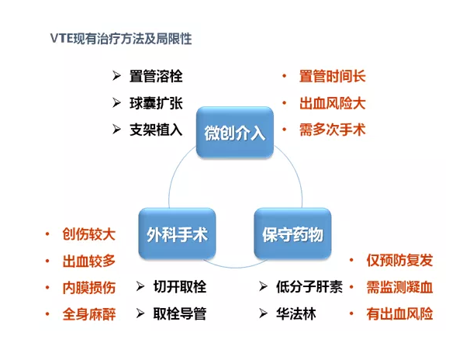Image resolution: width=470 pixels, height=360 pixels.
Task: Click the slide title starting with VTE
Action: [121, 38]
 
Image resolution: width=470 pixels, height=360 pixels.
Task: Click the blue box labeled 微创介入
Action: [235, 132]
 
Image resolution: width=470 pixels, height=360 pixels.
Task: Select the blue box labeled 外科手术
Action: [177, 234]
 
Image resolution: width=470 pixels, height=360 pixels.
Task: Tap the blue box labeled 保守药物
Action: [292, 234]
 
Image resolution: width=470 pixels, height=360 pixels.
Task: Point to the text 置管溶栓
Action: [156, 76]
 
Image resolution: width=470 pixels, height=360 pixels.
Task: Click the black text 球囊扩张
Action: [156, 103]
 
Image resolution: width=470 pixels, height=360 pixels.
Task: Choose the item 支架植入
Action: [156, 130]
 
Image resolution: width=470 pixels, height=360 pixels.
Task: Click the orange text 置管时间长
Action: [333, 76]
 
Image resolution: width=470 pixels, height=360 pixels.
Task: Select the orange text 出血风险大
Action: [333, 103]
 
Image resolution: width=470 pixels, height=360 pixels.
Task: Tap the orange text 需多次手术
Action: [333, 130]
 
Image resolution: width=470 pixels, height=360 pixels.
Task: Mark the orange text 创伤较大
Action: [88, 234]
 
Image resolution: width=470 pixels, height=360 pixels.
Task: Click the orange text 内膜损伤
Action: [88, 288]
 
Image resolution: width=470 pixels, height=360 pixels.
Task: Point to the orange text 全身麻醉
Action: [88, 314]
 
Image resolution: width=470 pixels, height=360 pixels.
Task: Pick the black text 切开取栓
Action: [180, 287]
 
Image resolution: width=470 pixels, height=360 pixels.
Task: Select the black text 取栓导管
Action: [180, 314]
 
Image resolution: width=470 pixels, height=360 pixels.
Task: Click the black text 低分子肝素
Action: [309, 287]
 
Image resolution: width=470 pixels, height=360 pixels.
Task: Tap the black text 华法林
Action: [295, 314]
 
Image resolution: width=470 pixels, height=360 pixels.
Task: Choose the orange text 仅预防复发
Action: [399, 260]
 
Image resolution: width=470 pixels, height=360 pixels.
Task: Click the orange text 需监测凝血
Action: [399, 287]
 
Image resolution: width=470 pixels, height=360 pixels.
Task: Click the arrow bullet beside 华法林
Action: [263, 313]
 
